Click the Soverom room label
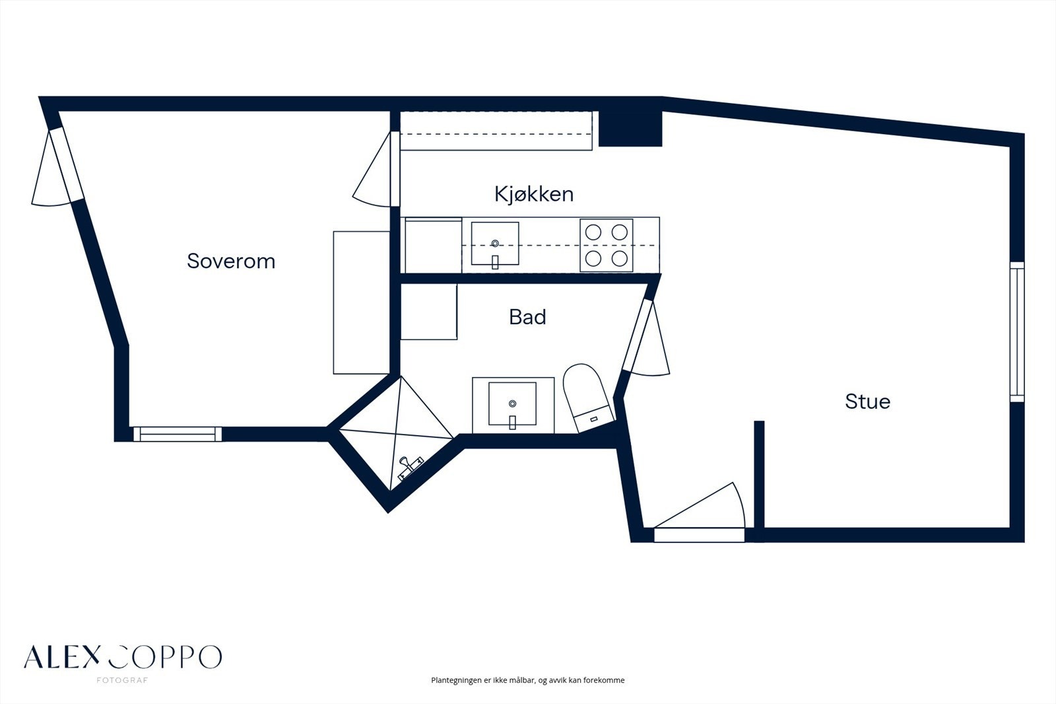tap(231, 261)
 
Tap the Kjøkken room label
tap(534, 194)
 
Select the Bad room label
tap(527, 317)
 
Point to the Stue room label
tap(867, 402)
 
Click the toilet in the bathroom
tap(587, 397)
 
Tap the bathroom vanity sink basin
tap(512, 404)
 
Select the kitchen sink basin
tap(495, 244)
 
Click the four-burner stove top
tap(607, 245)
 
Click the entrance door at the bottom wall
tap(699, 512)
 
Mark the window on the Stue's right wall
tap(1017, 332)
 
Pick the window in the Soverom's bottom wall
tap(178, 434)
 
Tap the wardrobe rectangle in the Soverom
tap(362, 302)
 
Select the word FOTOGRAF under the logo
tap(122, 680)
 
